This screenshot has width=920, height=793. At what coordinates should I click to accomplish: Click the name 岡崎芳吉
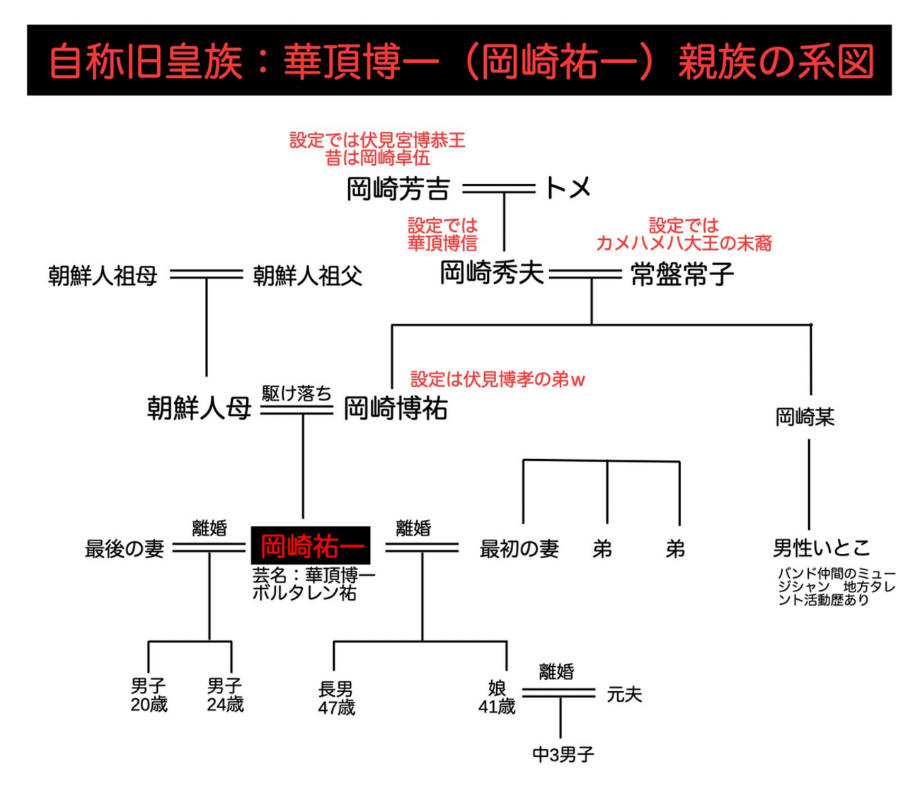(398, 189)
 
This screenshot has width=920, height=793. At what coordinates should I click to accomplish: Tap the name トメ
(568, 188)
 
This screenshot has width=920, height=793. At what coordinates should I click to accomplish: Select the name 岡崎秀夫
(492, 273)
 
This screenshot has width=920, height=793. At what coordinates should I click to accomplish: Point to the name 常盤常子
(682, 274)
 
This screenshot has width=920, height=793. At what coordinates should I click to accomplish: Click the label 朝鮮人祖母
(103, 275)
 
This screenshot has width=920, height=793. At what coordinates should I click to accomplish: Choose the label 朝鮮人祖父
(308, 275)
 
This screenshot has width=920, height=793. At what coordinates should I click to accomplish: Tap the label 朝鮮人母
(199, 408)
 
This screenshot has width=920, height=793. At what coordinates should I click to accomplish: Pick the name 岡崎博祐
(396, 409)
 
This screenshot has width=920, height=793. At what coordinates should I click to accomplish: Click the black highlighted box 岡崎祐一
(311, 545)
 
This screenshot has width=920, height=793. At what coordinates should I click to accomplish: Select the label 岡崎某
(805, 417)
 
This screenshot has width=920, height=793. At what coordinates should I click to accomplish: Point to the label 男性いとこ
(821, 548)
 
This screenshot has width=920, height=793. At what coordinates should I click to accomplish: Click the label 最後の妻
(125, 548)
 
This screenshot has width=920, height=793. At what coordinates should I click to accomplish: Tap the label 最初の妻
(519, 548)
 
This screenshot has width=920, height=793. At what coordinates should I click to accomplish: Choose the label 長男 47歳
(336, 698)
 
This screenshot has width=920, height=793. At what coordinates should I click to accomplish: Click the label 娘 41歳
(497, 697)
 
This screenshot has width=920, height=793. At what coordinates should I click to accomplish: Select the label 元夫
(624, 695)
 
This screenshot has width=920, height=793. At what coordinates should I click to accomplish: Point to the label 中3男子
(563, 755)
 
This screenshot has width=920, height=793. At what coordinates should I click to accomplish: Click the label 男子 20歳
(149, 695)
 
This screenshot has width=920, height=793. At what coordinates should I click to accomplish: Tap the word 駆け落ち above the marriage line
(297, 393)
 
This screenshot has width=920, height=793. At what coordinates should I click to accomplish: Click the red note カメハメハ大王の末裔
(684, 243)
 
